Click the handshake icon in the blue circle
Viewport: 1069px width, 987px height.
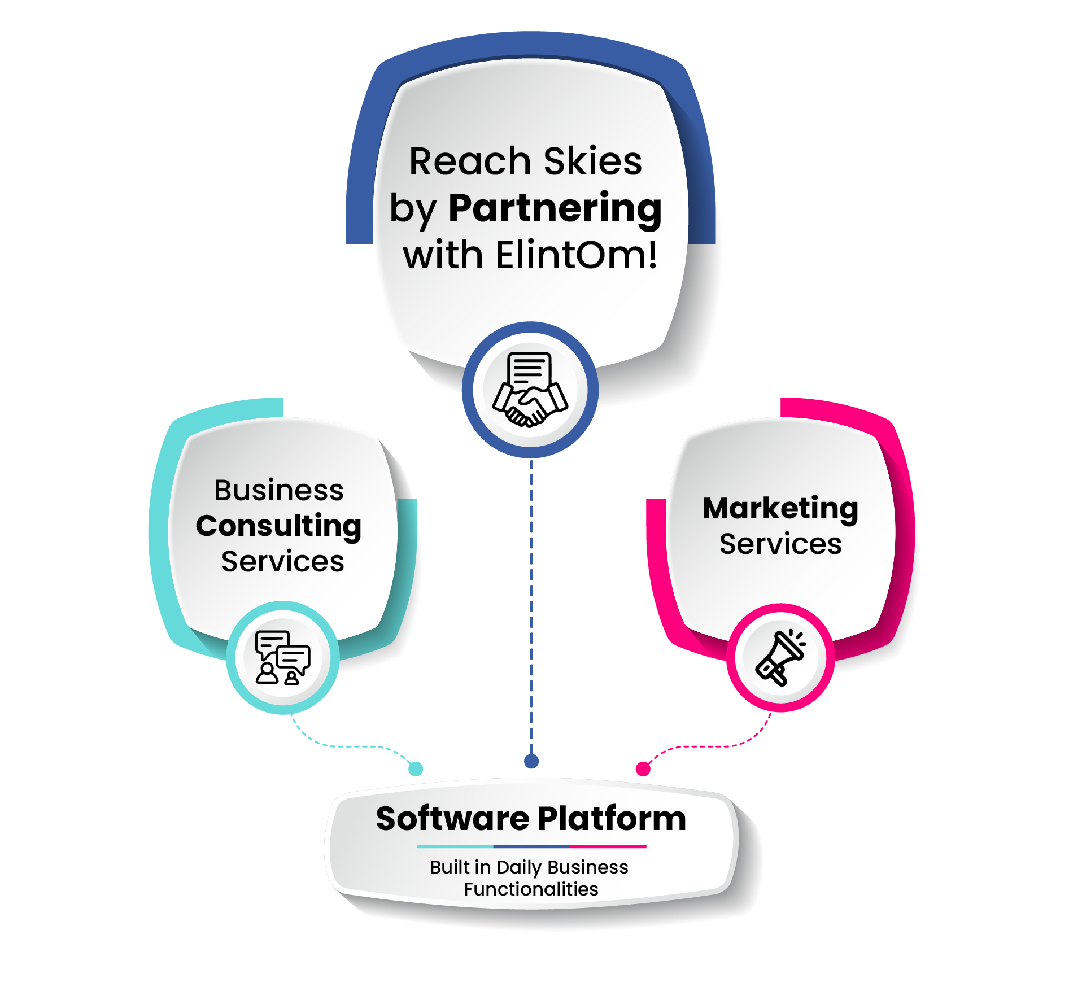pyautogui.click(x=530, y=390)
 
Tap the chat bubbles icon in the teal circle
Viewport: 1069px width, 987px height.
pyautogui.click(x=282, y=658)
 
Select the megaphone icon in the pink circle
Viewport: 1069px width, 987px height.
pyautogui.click(x=781, y=658)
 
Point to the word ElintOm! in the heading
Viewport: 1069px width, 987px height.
pyautogui.click(x=577, y=255)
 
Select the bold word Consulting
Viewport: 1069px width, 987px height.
pyautogui.click(x=278, y=526)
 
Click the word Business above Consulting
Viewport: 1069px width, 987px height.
pyautogui.click(x=278, y=490)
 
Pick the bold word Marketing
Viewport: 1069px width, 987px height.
pyautogui.click(x=780, y=509)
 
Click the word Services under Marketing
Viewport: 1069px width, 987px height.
pyautogui.click(x=780, y=544)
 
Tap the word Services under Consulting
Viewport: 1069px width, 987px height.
pyautogui.click(x=282, y=562)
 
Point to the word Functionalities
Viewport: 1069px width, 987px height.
pyautogui.click(x=530, y=889)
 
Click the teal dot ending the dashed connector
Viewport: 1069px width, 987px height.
pyautogui.click(x=416, y=768)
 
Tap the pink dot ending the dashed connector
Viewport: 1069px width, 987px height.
pyautogui.click(x=643, y=768)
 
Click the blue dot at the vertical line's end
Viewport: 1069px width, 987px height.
pyautogui.click(x=531, y=761)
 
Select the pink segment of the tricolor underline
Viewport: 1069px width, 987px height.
pyautogui.click(x=608, y=846)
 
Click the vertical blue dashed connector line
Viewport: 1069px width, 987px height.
pyautogui.click(x=531, y=610)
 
